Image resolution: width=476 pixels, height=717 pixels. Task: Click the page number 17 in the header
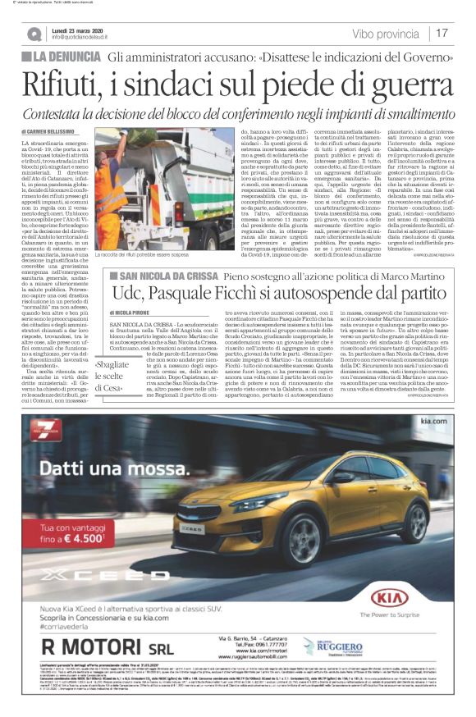(x=442, y=33)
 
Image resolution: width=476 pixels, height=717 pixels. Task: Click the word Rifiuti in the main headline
(x=62, y=84)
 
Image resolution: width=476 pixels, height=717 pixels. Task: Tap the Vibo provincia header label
(x=385, y=34)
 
